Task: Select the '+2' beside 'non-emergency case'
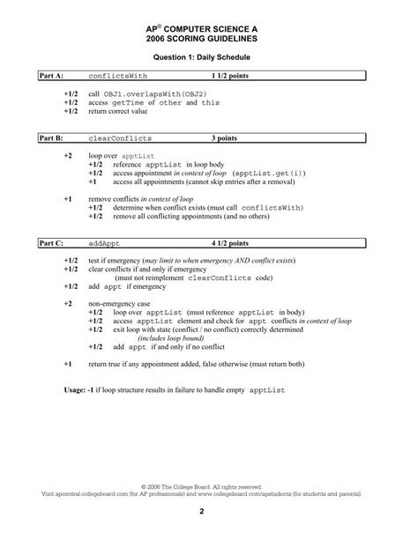(x=69, y=302)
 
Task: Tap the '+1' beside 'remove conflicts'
(x=69, y=200)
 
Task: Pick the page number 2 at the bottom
(x=209, y=511)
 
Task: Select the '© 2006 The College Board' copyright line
(x=209, y=486)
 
